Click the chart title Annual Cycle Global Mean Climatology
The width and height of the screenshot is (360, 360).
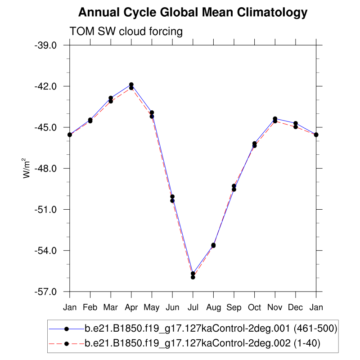[193, 13]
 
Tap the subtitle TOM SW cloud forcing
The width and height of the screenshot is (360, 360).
[126, 31]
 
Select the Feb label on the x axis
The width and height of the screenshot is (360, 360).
[90, 307]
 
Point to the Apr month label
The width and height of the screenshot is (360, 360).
[131, 307]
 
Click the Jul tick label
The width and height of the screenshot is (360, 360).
[193, 307]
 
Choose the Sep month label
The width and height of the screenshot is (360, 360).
[234, 307]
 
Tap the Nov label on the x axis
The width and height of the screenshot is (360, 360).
[275, 307]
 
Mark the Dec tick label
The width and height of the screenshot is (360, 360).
[296, 307]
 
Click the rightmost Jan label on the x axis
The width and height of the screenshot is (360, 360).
[316, 307]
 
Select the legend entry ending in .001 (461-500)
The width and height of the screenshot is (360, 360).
[211, 328]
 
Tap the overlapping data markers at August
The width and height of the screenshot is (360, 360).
[213, 245]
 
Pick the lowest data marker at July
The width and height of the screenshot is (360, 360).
[193, 277]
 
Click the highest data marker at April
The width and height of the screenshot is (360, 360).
[131, 85]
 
